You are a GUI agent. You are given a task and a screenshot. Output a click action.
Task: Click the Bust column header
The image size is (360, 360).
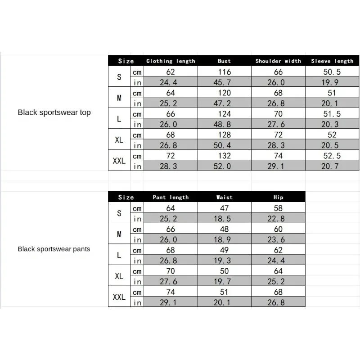pos(224,61)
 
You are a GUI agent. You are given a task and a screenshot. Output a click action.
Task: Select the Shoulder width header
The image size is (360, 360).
pos(278,61)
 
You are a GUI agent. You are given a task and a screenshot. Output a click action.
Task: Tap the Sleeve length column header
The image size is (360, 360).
pos(332,61)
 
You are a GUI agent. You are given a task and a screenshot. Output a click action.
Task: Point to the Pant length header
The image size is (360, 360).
pos(171,197)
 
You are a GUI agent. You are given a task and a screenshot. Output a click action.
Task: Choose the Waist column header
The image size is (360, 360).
pos(224,197)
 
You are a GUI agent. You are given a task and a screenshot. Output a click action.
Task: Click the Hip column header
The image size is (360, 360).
pos(278,197)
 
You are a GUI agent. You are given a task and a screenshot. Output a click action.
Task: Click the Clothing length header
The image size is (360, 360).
pos(171,61)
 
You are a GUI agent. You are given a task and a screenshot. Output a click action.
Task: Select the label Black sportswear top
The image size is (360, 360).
pos(54,112)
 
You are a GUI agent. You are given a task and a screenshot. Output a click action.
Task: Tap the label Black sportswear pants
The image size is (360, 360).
pos(54,249)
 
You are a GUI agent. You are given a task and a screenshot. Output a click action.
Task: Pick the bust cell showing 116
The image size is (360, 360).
pos(224,72)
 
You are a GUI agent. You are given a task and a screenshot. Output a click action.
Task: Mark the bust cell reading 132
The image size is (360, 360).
pos(224,156)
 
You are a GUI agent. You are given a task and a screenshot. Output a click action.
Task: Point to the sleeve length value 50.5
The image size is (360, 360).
pos(332,72)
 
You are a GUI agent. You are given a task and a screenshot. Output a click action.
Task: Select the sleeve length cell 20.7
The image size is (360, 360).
pos(332,166)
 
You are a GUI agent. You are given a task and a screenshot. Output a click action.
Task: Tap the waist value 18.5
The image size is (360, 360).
pos(224,219)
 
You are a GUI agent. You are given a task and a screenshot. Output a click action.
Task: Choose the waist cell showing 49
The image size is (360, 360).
pos(224,250)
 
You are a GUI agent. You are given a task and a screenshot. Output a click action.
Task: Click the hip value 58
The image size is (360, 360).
pos(278,208)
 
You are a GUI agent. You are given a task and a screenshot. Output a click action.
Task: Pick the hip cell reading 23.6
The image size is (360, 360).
pos(278,240)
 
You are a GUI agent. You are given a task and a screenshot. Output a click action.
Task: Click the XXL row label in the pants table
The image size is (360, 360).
pos(119,297)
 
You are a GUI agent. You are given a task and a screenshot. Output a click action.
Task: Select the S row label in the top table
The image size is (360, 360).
pos(119,77)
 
